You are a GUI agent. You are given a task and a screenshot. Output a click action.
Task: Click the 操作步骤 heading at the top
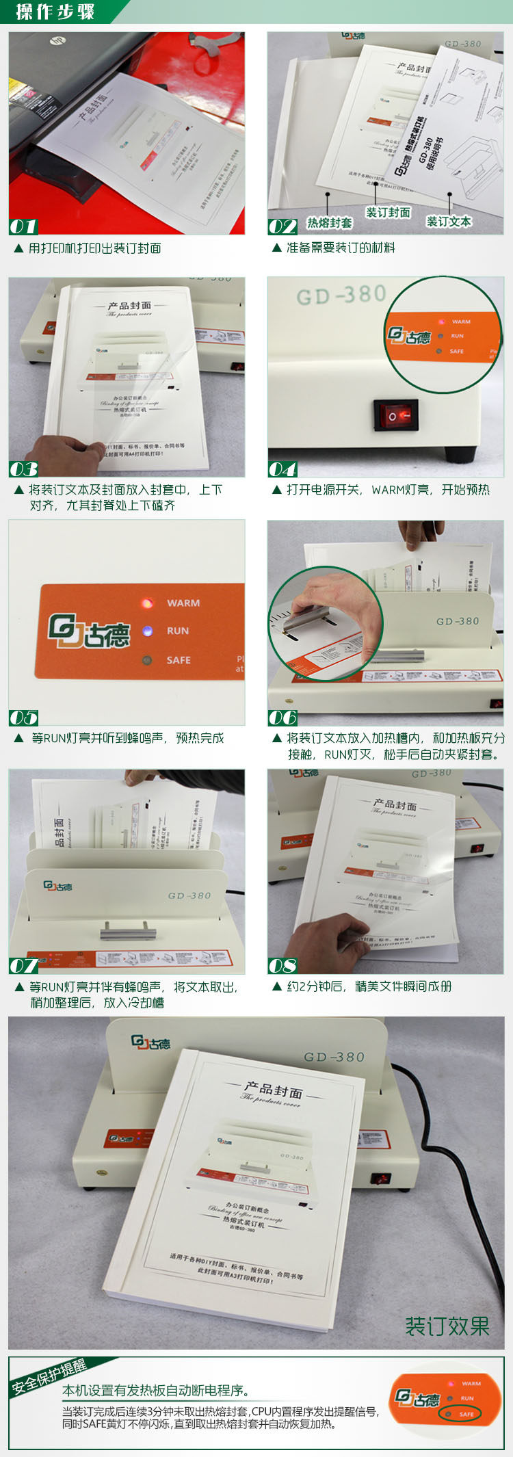55,12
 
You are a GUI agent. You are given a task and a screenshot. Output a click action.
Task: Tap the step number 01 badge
23,226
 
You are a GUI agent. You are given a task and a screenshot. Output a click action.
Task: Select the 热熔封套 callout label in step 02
329,222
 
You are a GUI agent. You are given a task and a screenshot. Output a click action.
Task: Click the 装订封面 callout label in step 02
388,212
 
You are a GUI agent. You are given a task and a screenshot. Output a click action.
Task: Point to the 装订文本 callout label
449,221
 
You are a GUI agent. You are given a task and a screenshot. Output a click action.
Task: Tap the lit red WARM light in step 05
146,603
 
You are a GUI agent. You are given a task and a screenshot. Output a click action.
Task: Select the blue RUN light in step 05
147,631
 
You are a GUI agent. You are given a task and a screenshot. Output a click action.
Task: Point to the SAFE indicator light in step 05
146,660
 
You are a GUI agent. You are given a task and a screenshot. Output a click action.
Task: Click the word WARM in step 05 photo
183,603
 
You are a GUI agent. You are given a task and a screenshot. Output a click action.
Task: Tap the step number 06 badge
282,718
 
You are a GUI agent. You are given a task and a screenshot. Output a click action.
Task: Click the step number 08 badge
282,966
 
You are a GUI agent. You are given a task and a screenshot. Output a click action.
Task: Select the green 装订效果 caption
447,1326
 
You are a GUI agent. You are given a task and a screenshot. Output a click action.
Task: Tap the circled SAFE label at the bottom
466,1413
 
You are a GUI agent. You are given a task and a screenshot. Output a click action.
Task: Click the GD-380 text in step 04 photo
341,295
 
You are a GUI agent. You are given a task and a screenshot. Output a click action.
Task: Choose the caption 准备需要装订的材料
340,248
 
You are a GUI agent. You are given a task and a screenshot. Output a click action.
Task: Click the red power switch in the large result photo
381,1178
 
